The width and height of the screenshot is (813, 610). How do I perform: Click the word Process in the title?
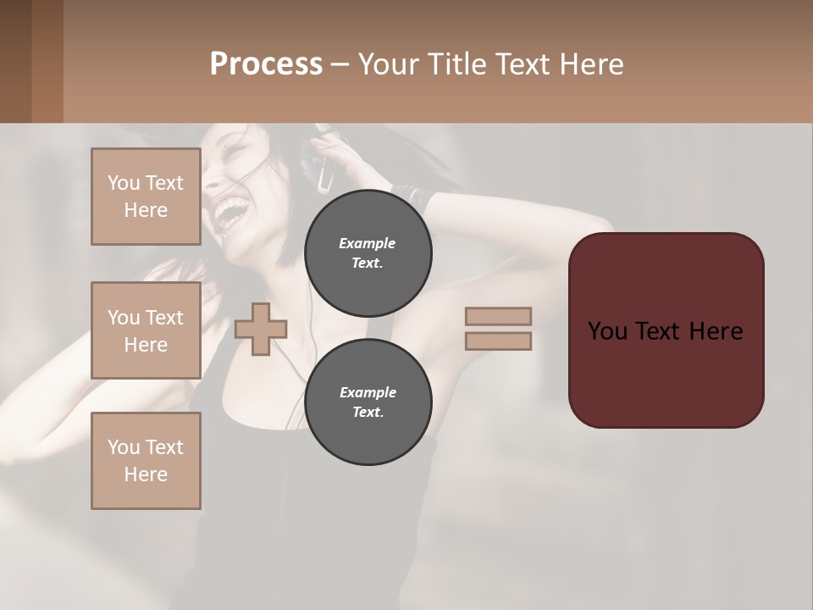click(266, 64)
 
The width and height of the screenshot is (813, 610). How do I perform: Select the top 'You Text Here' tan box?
click(146, 197)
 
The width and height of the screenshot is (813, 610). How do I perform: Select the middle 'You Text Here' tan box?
click(146, 330)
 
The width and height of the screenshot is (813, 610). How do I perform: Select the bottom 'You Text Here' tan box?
click(146, 460)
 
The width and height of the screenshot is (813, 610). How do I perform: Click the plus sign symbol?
click(261, 329)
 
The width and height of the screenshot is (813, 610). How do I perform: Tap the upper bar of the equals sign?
click(498, 316)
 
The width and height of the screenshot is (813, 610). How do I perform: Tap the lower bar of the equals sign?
click(498, 341)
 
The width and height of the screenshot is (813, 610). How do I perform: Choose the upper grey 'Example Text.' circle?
click(368, 252)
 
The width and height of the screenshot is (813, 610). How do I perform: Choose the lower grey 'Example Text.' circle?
click(368, 402)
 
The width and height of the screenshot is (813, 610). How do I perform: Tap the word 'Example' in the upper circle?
click(368, 243)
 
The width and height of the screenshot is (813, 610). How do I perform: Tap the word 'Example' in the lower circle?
click(368, 392)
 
